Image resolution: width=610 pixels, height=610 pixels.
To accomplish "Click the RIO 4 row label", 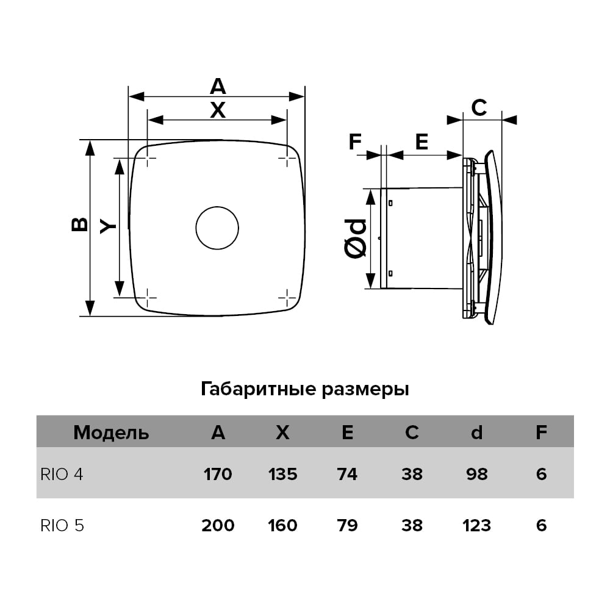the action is [62, 474].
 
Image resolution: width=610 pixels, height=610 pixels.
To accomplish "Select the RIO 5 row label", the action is [62, 526].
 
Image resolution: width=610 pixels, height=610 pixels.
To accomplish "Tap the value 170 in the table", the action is [218, 474].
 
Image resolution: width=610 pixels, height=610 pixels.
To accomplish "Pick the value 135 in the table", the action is [283, 474].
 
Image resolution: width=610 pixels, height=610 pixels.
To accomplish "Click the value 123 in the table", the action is [476, 526].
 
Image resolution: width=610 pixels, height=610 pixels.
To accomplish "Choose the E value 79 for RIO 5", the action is [348, 526].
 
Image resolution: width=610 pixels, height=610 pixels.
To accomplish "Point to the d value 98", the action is [476, 474].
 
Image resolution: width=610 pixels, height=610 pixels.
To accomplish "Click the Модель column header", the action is [111, 432].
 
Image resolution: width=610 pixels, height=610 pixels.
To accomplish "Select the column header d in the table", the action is [476, 432].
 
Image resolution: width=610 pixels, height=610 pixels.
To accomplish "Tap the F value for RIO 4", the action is [541, 474].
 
